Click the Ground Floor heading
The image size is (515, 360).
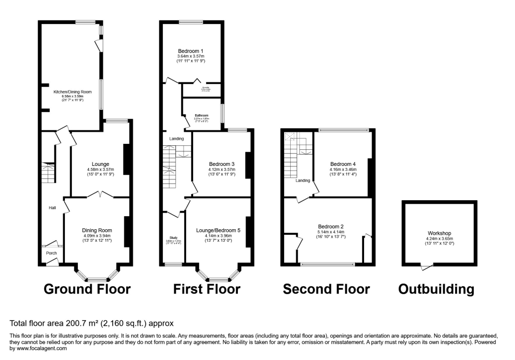click(x=87, y=289)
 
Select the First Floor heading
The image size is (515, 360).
click(x=207, y=289)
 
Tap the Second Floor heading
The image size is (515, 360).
click(x=326, y=289)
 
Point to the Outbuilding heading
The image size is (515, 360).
click(x=436, y=289)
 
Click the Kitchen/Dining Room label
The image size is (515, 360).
click(x=71, y=92)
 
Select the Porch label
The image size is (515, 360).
click(x=51, y=253)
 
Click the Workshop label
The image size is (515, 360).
click(x=439, y=233)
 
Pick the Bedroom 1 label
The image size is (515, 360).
click(x=191, y=51)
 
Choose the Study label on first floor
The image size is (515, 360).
click(x=172, y=237)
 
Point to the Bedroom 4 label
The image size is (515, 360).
click(x=343, y=164)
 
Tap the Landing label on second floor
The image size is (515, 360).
click(x=302, y=181)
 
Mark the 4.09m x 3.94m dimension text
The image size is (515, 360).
click(x=97, y=236)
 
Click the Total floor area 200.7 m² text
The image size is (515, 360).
click(x=92, y=323)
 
